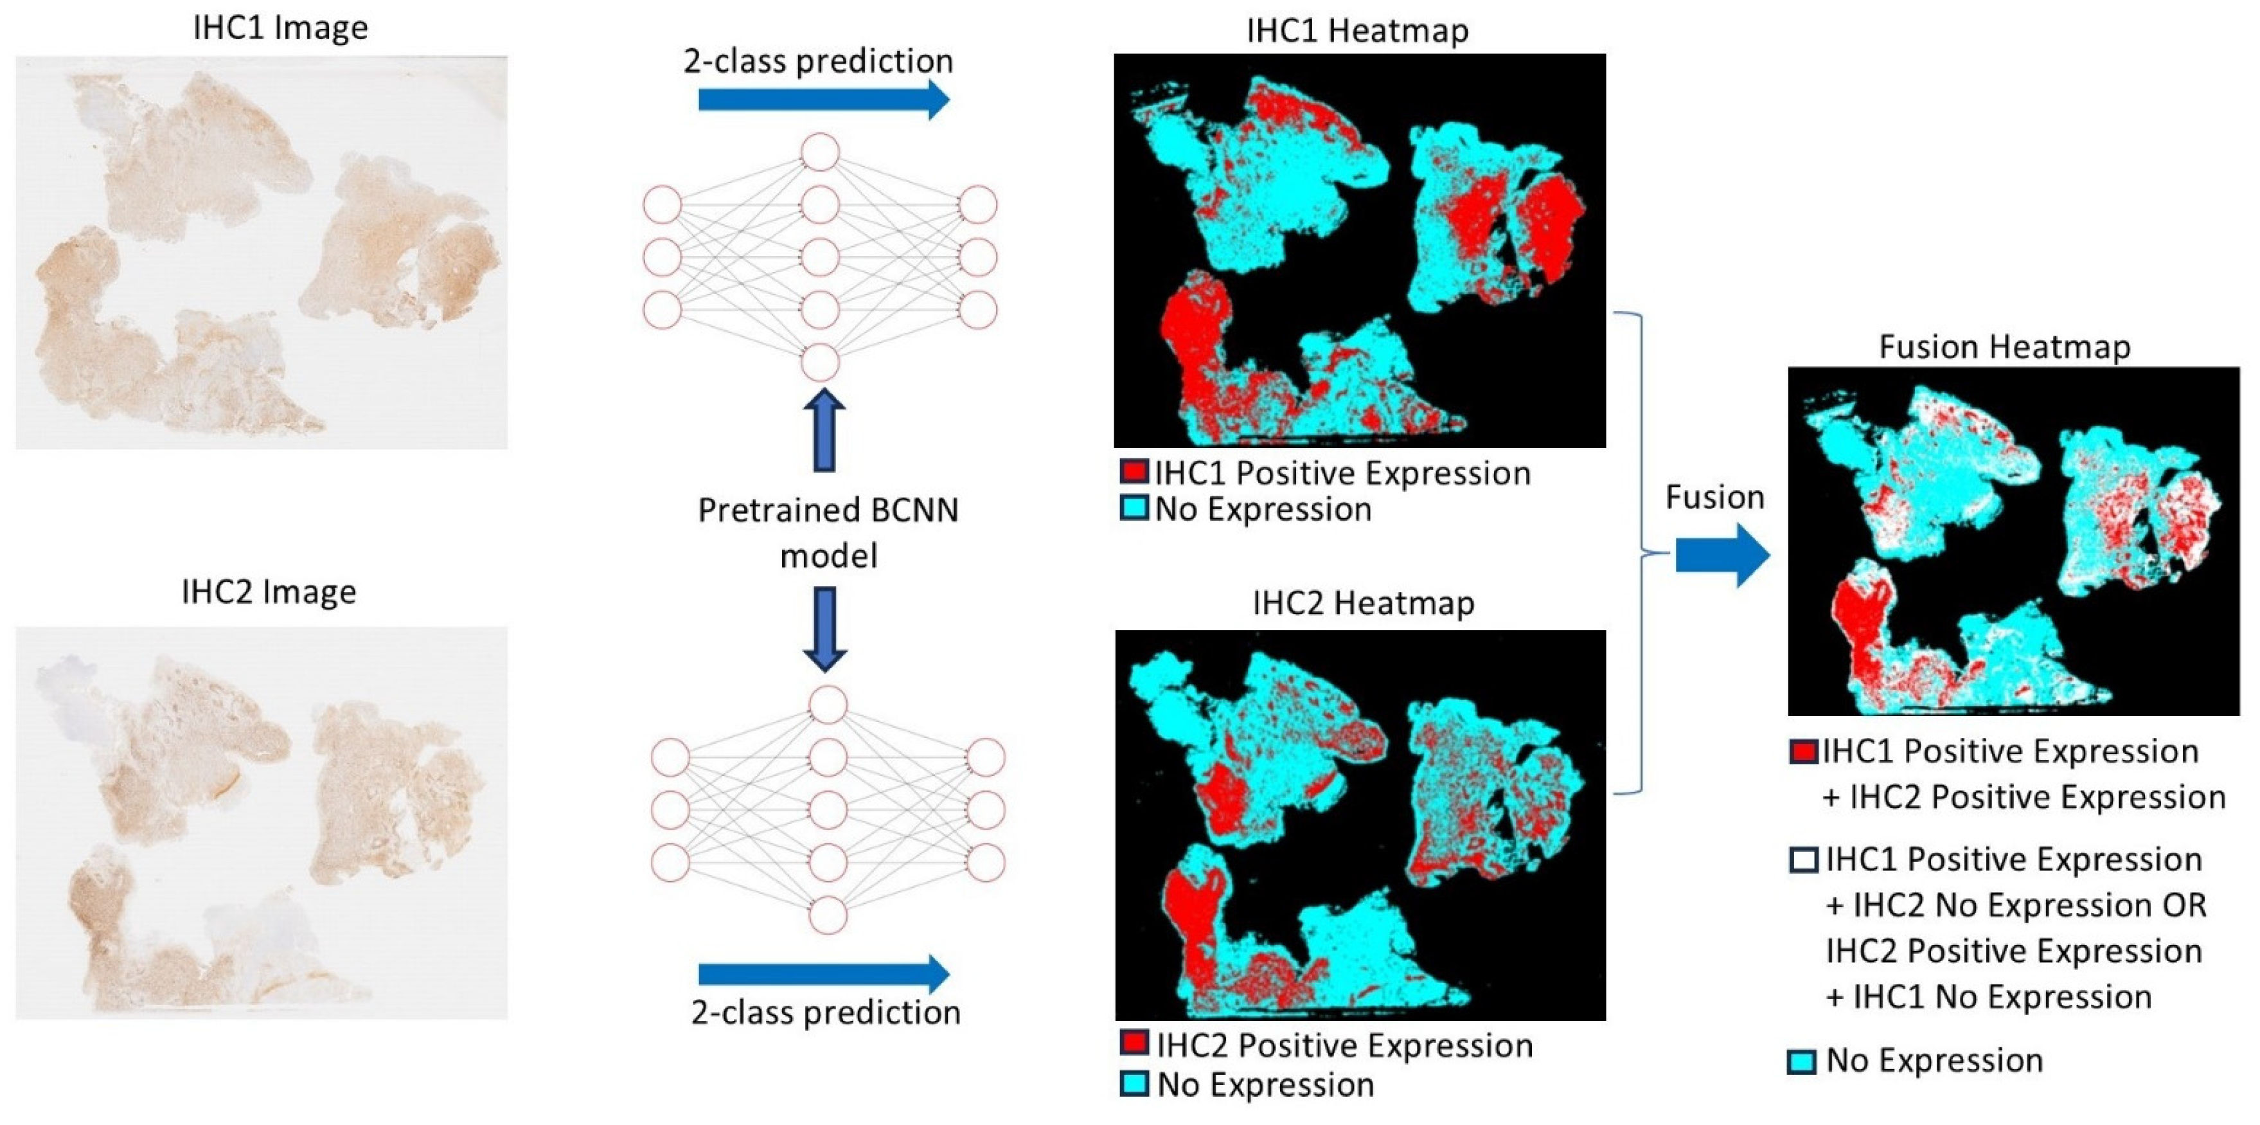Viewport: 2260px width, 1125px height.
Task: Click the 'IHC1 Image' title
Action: coord(280,28)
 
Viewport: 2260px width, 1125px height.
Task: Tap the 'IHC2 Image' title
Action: coord(269,592)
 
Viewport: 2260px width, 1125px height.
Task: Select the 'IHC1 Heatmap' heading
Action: coord(1357,31)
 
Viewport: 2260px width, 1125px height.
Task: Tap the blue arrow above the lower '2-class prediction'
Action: coord(823,973)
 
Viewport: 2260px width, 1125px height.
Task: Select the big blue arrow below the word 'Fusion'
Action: coord(1722,555)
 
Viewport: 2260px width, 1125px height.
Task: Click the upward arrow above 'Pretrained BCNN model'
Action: coord(824,431)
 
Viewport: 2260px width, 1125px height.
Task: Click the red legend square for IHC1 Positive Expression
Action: coord(1134,471)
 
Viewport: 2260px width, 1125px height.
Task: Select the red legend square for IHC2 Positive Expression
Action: coord(1134,1043)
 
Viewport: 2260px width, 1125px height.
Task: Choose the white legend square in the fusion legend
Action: coord(1804,859)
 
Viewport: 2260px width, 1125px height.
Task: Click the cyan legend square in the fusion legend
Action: coord(1802,1062)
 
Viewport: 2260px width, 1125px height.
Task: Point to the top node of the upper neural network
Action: coord(821,152)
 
